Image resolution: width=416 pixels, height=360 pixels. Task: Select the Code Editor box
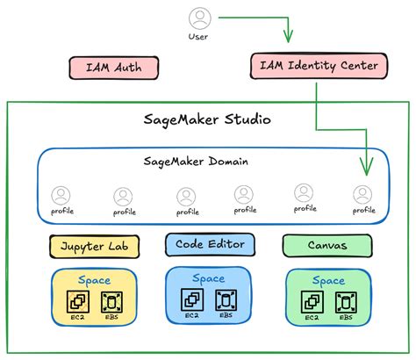210,244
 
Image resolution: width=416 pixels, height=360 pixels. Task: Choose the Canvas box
326,246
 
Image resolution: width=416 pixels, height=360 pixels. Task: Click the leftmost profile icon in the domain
61,195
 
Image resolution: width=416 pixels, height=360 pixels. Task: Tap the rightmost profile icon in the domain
363,194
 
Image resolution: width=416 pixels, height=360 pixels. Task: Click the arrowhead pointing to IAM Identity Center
286,37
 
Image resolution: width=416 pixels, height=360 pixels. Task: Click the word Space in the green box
329,280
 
